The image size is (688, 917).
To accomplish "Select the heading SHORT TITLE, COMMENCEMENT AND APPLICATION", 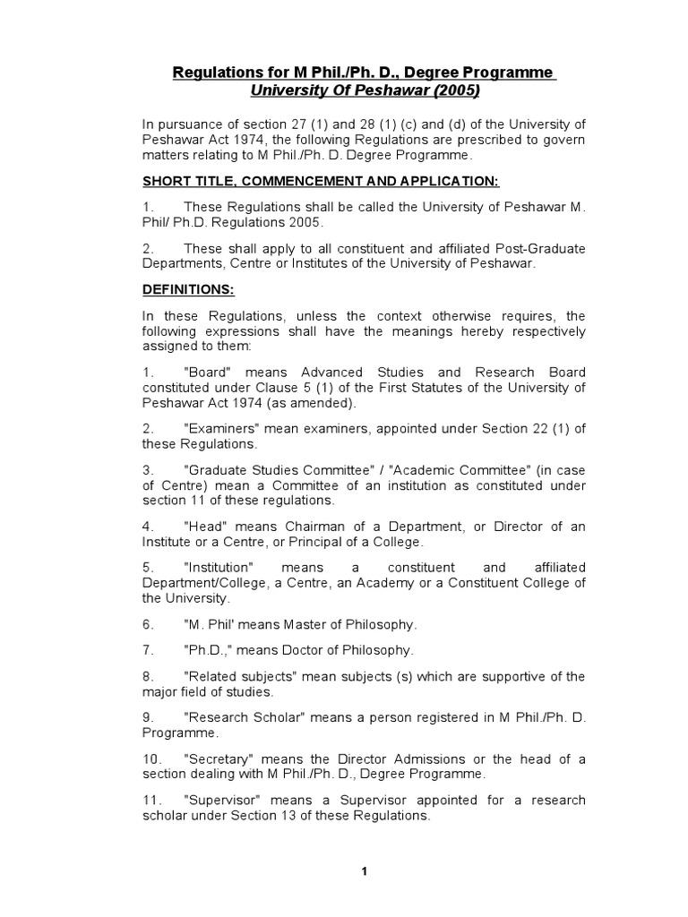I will pos(321,181).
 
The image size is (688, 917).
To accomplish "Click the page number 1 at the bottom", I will pos(365,871).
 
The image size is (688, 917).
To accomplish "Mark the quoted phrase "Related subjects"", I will pos(238,677).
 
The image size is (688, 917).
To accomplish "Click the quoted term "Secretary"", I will pos(218,759).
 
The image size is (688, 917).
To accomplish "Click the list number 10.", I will pos(151,759).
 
